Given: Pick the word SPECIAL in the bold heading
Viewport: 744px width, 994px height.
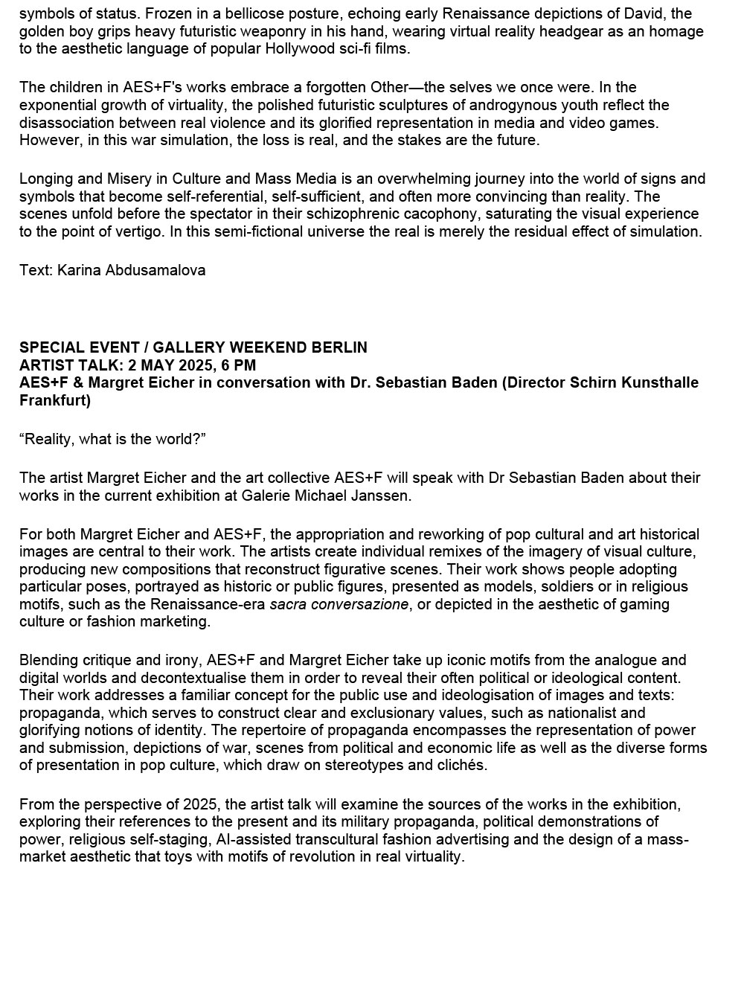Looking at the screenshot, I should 48,347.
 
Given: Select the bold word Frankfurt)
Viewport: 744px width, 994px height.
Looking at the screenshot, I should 55,400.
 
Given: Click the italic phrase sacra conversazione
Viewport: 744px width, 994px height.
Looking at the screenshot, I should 339,604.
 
